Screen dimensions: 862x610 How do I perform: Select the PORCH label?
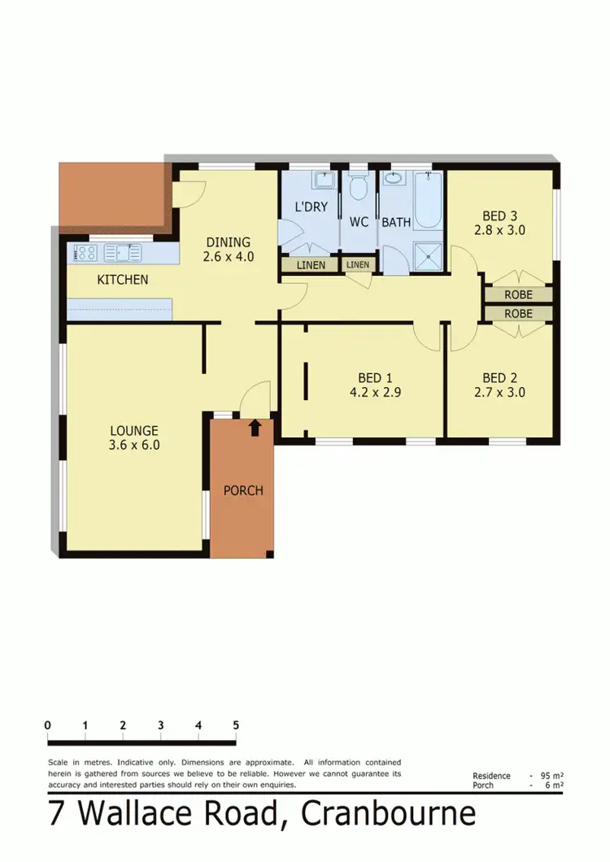tap(243, 490)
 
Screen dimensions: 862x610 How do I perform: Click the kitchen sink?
tap(123, 253)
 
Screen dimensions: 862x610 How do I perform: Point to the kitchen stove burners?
tap(85, 253)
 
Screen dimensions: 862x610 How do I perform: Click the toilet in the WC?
tap(358, 189)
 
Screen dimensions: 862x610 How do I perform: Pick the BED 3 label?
tap(499, 215)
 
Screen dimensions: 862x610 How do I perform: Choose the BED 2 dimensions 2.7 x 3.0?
tap(503, 391)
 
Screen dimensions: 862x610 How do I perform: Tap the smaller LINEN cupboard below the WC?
tap(357, 265)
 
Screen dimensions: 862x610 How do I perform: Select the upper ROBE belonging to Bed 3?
tap(518, 294)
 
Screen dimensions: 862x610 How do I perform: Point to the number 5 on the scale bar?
tap(236, 725)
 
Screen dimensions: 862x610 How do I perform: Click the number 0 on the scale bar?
tap(49, 725)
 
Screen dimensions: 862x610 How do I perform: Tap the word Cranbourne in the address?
tap(388, 814)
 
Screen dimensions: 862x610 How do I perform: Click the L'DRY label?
tap(311, 207)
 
